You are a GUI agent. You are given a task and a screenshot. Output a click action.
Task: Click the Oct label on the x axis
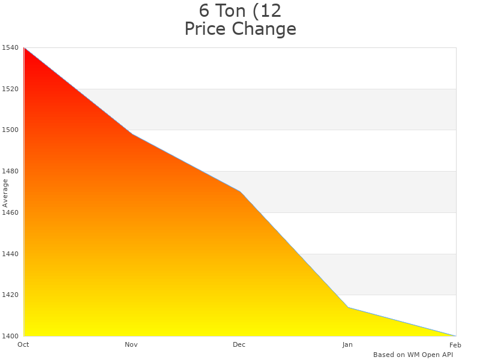23,344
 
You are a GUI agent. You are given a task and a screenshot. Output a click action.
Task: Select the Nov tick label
131,344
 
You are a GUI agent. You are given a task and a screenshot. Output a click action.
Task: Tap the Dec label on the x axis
239,344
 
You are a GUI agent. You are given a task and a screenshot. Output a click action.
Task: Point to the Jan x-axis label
347,344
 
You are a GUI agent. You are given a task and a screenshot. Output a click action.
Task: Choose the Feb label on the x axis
455,344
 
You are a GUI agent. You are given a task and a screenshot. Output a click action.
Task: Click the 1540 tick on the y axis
11,48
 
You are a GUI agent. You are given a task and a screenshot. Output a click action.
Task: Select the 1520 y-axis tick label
11,89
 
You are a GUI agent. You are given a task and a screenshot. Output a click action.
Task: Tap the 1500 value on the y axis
11,130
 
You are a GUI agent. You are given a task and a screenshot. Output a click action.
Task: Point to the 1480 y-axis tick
11,172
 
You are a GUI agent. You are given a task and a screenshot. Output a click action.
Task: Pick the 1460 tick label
11,212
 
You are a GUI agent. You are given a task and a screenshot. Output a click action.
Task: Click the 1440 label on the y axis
11,254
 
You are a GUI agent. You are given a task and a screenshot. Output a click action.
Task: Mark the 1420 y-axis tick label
11,295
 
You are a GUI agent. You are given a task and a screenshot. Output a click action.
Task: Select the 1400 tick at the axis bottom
11,336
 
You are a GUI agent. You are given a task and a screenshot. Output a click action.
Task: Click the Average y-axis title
5,193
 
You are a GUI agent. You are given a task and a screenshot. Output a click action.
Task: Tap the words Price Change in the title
240,29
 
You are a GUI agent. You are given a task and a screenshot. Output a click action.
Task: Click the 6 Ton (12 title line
240,11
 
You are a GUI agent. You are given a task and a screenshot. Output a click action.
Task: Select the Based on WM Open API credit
413,355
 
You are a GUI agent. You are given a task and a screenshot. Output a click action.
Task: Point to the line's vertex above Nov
132,134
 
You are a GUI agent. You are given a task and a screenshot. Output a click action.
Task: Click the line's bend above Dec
240,191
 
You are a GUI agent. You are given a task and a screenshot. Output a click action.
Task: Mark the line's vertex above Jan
348,307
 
